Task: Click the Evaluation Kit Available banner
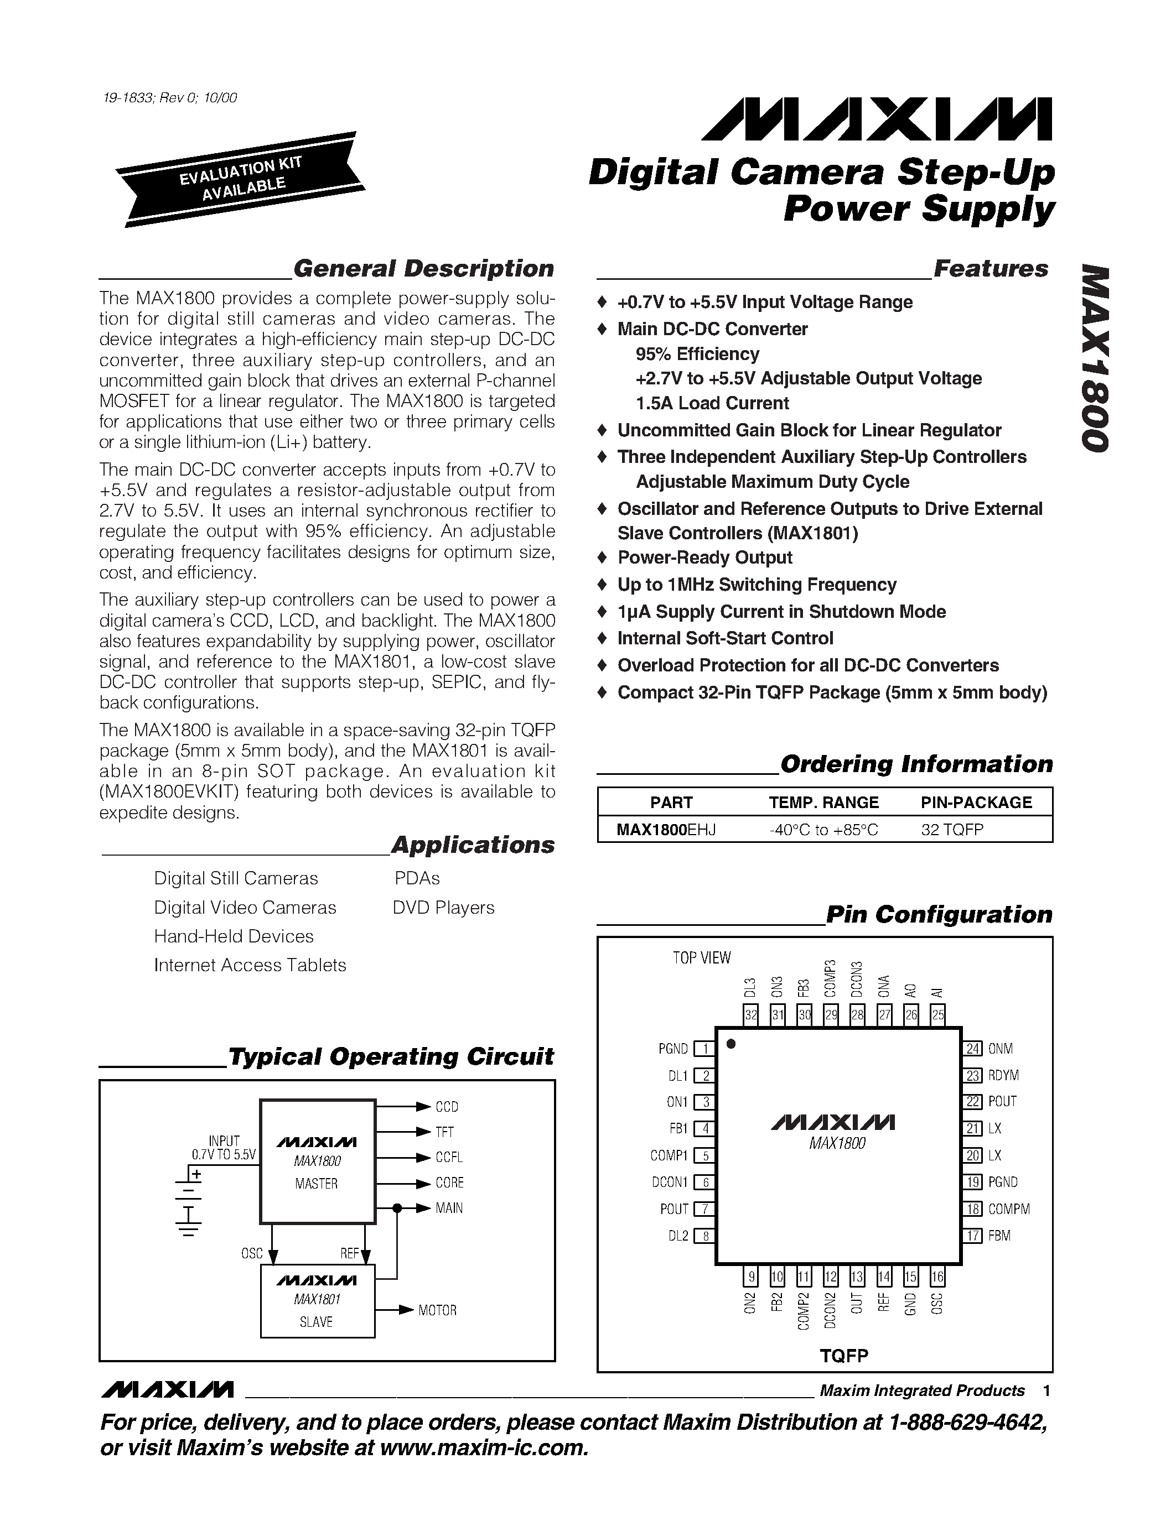point(240,179)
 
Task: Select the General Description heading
point(423,268)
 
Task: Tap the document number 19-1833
point(126,98)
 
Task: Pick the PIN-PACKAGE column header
point(976,803)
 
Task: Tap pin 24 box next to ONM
point(972,1049)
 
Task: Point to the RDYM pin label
point(1003,1075)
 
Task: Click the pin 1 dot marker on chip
point(732,1043)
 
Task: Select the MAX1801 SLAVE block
point(317,1301)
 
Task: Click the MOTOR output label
point(438,1310)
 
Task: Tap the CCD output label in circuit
point(447,1107)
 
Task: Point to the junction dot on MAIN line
point(397,1207)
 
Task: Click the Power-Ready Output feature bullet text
point(704,558)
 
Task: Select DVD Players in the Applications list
point(443,908)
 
